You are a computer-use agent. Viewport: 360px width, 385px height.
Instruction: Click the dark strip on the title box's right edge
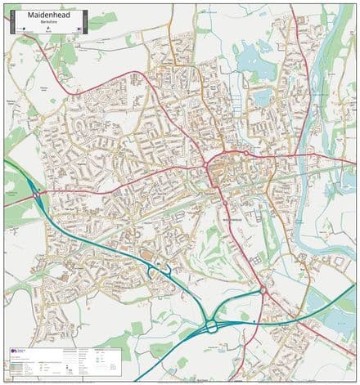(x=80, y=29)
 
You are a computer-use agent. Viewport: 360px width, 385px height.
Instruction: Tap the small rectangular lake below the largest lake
(x=261, y=98)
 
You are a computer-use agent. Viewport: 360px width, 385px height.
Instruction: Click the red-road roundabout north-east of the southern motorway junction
(x=263, y=290)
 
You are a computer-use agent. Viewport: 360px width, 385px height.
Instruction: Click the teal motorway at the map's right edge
(x=352, y=286)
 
